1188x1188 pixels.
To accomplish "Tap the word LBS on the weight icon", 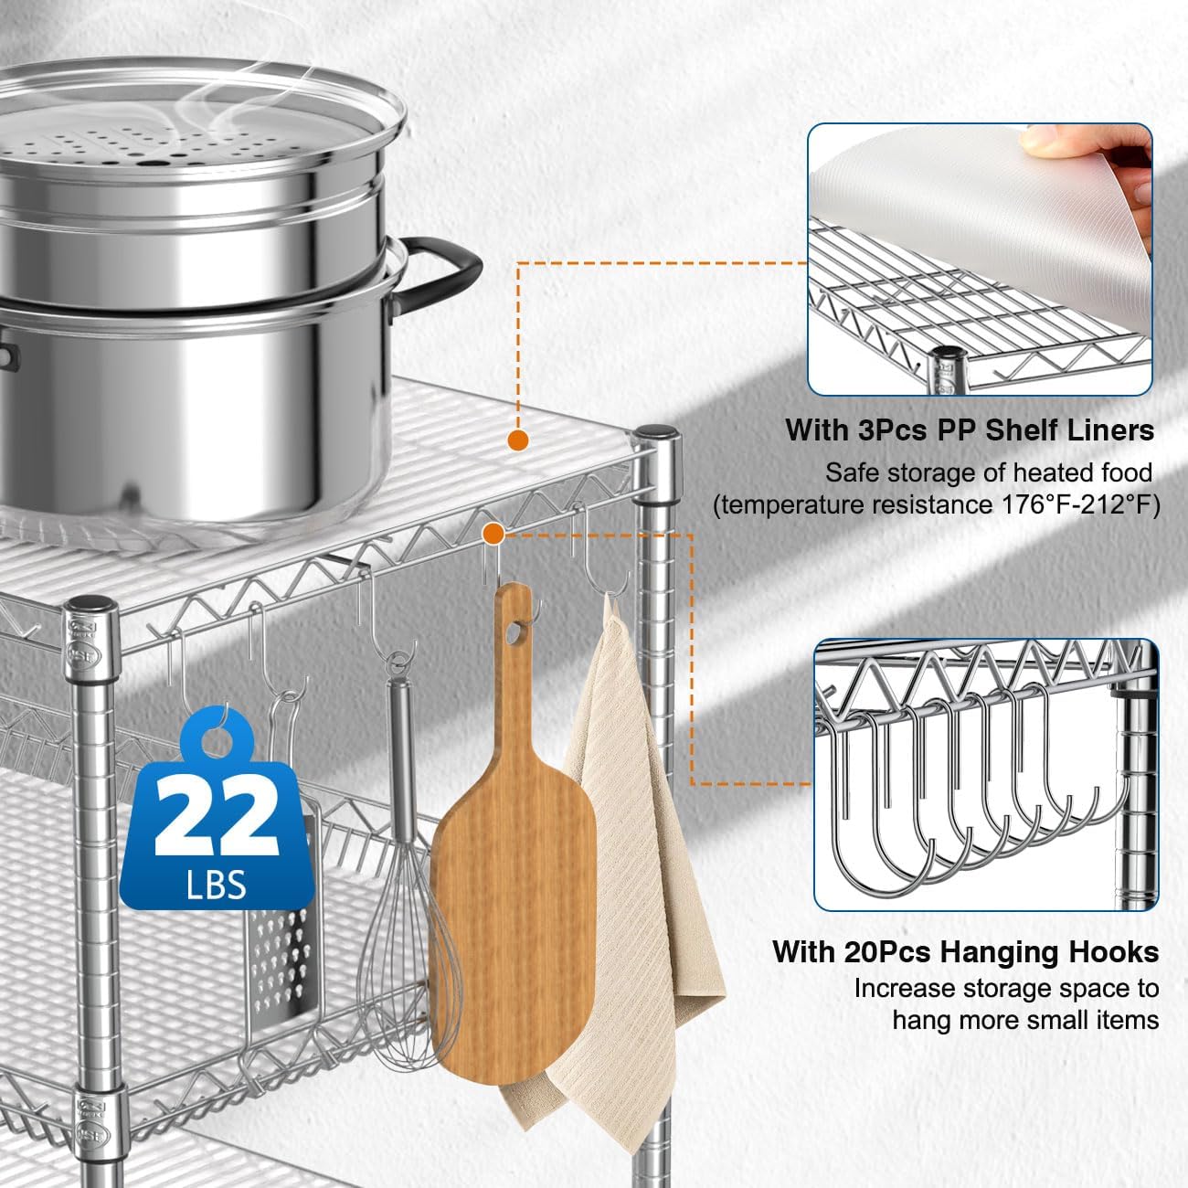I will point(217,884).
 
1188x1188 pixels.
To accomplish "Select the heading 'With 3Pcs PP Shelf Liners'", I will point(970,430).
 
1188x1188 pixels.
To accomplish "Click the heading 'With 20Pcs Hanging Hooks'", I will point(965,951).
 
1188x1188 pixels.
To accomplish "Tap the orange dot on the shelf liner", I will point(518,440).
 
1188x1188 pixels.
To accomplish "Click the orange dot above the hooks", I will point(493,532).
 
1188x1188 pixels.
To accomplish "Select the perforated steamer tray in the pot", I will point(174,146).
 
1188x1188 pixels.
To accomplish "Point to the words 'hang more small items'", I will point(1025,1020).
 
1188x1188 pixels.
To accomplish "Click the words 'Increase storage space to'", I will point(1006,988).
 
